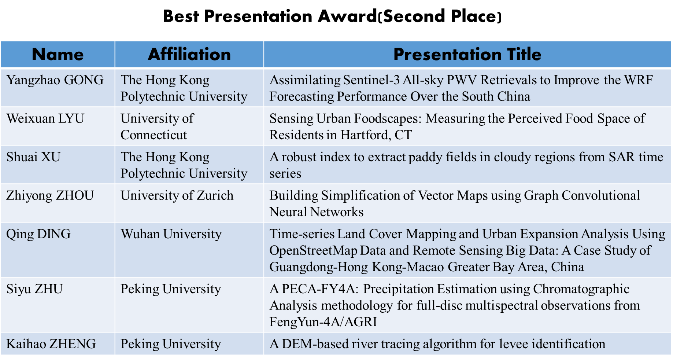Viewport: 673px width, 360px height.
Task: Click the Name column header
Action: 58,54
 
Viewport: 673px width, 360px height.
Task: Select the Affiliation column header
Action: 189,54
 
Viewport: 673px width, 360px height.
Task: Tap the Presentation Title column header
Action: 467,54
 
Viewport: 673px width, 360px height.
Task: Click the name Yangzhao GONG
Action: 55,80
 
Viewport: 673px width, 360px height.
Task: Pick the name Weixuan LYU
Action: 45,118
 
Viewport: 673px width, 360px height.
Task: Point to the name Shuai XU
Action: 33,157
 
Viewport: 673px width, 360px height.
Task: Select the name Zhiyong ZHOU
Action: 50,196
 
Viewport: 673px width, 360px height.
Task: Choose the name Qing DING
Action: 38,234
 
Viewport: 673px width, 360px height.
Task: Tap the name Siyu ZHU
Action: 34,289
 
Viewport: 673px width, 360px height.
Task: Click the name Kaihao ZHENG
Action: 51,344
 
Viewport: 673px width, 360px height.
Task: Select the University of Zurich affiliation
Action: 177,195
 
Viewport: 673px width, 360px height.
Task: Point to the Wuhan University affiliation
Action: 171,234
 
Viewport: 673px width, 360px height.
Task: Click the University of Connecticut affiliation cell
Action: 157,126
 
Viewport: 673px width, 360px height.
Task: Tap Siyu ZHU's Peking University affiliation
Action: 171,289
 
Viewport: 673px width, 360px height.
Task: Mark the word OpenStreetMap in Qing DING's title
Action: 313,250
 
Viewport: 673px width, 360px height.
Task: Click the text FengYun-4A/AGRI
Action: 323,322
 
